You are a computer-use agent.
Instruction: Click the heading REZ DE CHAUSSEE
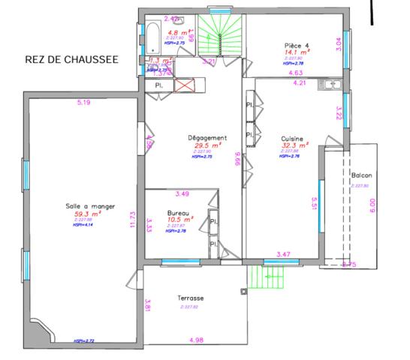[71, 60]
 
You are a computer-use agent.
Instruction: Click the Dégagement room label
[207, 138]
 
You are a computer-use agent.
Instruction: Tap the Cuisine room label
[292, 139]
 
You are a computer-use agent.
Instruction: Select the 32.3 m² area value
[292, 147]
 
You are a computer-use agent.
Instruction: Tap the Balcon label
[361, 176]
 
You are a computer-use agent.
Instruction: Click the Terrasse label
[191, 298]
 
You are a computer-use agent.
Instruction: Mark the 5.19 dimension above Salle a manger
[83, 103]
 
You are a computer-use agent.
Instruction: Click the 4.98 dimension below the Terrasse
[196, 340]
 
